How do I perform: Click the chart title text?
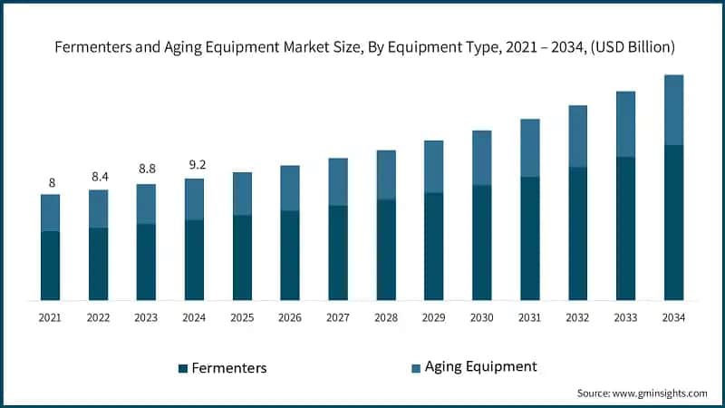tap(362, 45)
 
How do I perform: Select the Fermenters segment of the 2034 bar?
tap(673, 222)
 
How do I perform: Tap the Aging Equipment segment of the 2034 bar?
tap(673, 110)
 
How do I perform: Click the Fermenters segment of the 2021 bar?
tap(51, 266)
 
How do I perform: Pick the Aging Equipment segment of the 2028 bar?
tap(386, 175)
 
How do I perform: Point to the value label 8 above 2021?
tap(51, 181)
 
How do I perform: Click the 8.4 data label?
tap(99, 176)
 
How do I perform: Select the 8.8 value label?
tap(147, 168)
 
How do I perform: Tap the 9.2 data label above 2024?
tap(195, 164)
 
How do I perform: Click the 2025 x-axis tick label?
tap(242, 317)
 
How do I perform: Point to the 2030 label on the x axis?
tap(481, 317)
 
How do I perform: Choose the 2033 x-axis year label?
tap(625, 317)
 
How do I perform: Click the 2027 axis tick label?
tap(338, 317)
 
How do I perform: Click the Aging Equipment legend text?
tap(481, 366)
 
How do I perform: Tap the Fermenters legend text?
tap(231, 368)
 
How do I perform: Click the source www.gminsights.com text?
tap(642, 393)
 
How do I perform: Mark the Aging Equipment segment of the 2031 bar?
tap(529, 148)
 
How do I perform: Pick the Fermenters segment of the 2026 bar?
tap(290, 256)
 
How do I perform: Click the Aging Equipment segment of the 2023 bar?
tap(147, 204)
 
